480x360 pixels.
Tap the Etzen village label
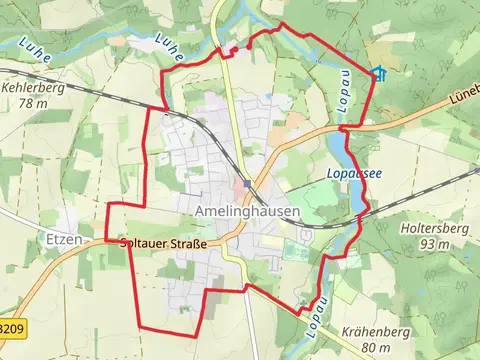pos(64,240)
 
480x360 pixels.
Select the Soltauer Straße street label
pos(163,243)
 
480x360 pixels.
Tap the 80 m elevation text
pos(376,347)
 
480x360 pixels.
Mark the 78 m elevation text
pos(32,103)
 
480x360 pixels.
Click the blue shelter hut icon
pos(378,73)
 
